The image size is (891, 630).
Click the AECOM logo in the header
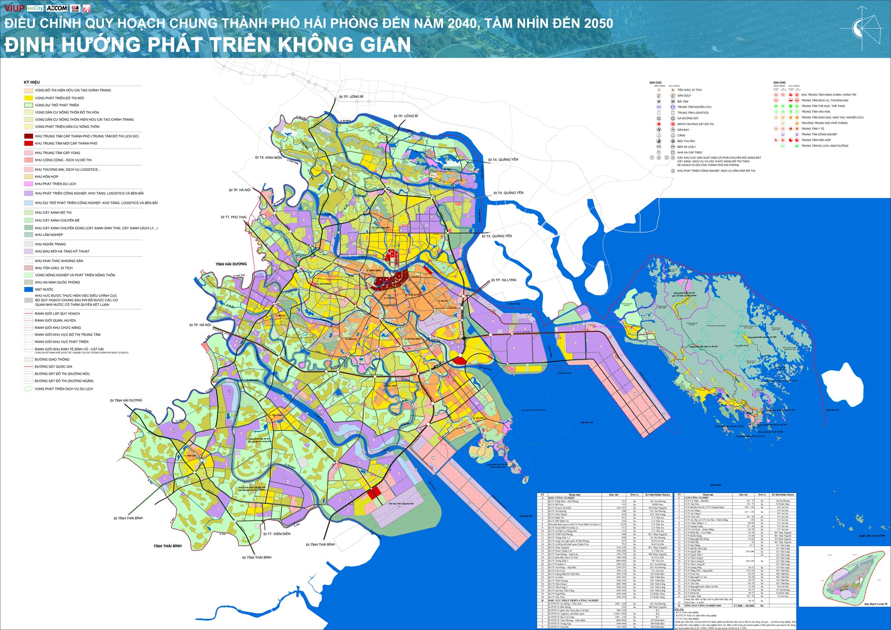click(57, 8)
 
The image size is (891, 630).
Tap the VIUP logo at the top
click(14, 8)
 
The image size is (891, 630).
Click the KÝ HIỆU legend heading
click(32, 82)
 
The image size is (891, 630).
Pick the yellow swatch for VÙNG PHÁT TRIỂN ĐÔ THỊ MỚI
click(29, 98)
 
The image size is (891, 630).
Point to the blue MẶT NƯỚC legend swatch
click(29, 289)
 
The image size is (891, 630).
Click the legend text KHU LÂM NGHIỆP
click(49, 235)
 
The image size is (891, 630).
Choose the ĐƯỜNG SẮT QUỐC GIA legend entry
click(54, 367)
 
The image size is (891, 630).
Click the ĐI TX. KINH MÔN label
click(268, 157)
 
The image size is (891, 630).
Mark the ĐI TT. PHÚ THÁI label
click(233, 217)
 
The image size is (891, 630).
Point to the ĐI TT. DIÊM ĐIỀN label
click(277, 534)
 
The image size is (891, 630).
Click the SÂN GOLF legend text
click(684, 96)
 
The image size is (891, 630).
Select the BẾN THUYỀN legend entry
click(686, 141)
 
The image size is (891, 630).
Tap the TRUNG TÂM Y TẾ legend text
click(813, 129)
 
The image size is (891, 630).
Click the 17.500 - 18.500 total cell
click(744, 606)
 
